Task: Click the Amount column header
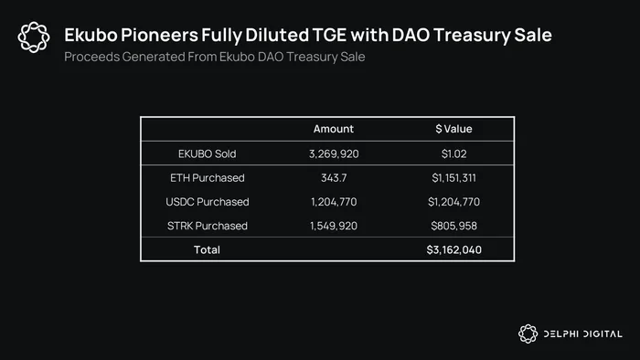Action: coord(334,129)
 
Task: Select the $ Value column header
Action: coord(453,129)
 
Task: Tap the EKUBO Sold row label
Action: coord(207,154)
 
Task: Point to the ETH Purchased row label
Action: coord(208,178)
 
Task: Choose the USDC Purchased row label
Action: coord(208,202)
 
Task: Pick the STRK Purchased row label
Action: coord(208,226)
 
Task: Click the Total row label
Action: coord(207,249)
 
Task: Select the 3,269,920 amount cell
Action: coord(334,154)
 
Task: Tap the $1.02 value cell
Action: coord(453,154)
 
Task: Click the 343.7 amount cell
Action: coord(334,178)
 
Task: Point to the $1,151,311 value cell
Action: coord(453,178)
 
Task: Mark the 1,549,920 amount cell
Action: coord(334,226)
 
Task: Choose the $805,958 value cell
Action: coord(453,226)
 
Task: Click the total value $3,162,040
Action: coord(453,249)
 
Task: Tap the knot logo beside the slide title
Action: coord(34,37)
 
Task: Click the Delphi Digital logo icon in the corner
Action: coord(528,334)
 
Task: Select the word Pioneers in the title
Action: coord(159,35)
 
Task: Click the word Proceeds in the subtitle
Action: coord(91,57)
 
